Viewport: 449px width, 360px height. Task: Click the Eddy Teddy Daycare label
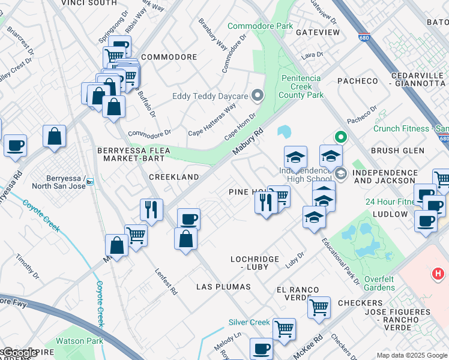pos(210,96)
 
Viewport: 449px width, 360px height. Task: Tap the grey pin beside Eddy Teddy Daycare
pos(258,95)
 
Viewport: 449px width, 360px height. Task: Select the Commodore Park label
pos(261,26)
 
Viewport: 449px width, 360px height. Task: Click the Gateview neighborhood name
pos(317,32)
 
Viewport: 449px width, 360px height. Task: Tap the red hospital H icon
pos(438,275)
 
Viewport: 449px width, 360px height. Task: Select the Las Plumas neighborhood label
pos(218,287)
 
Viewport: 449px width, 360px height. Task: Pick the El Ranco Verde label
pos(298,294)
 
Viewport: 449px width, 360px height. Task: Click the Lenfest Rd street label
pos(167,281)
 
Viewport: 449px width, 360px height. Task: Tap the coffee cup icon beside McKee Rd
pos(261,348)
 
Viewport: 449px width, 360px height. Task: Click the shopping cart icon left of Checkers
pos(319,307)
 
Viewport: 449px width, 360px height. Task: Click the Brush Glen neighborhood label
pos(397,151)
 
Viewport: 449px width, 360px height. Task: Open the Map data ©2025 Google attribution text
pos(412,355)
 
